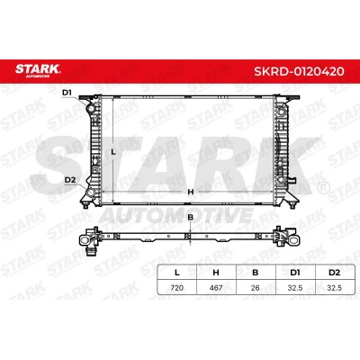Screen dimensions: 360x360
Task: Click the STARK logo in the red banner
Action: (x=38, y=70)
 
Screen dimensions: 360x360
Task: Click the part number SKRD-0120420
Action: (x=299, y=71)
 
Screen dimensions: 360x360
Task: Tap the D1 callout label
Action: (x=67, y=93)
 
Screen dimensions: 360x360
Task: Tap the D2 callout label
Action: (x=69, y=180)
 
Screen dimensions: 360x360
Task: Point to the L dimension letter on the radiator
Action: (x=113, y=152)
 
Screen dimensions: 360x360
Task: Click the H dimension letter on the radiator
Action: (x=191, y=192)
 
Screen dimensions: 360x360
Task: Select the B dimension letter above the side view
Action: (x=190, y=217)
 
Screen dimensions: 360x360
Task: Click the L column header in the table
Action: (x=177, y=273)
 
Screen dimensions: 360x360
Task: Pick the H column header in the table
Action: (x=216, y=273)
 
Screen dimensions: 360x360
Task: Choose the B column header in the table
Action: (x=255, y=273)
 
